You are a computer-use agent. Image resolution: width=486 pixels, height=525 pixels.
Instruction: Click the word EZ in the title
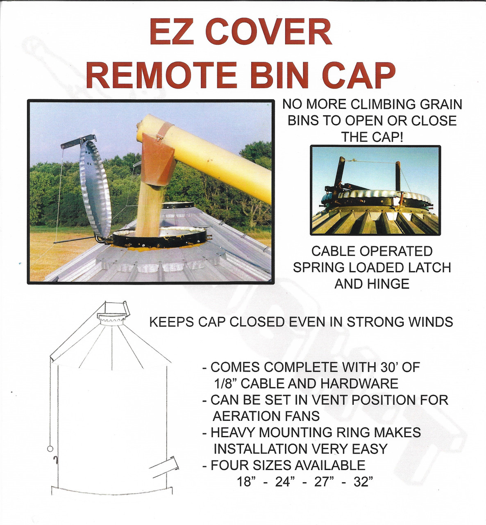[171, 32]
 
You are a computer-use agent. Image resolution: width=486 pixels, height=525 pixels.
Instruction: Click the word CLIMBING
[377, 104]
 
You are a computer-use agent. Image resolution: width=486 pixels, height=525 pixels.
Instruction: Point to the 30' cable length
[384, 367]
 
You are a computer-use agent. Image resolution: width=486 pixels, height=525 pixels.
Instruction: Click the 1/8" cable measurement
[224, 383]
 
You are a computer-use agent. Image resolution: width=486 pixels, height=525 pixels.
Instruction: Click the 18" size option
[246, 482]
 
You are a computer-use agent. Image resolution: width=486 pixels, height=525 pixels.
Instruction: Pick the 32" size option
[363, 482]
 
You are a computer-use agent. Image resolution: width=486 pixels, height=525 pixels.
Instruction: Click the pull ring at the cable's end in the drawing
[50, 449]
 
